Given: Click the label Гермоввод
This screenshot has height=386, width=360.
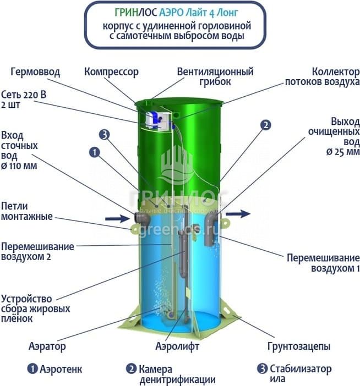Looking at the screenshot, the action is pyautogui.click(x=35, y=73).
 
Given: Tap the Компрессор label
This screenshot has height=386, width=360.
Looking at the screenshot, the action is pyautogui.click(x=111, y=72).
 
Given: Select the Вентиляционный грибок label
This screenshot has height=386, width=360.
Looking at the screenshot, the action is pyautogui.click(x=215, y=76).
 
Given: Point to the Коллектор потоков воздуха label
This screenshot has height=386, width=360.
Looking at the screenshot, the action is pyautogui.click(x=323, y=76).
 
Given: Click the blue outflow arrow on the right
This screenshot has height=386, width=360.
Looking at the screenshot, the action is pyautogui.click(x=238, y=214).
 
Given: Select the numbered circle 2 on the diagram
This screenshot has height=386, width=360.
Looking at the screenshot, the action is pyautogui.click(x=266, y=125).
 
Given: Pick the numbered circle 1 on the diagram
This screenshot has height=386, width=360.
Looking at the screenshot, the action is pyautogui.click(x=95, y=152).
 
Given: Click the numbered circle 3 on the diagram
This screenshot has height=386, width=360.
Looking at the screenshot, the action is pyautogui.click(x=105, y=135).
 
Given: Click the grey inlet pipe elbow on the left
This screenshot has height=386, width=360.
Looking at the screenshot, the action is pyautogui.click(x=142, y=218).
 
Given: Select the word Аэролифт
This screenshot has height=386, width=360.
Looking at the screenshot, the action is pyautogui.click(x=177, y=346).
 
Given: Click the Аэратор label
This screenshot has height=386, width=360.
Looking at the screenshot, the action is pyautogui.click(x=47, y=346).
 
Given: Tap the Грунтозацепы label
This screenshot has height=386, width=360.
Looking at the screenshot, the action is pyautogui.click(x=299, y=347).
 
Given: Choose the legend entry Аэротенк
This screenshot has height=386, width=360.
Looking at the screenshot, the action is pyautogui.click(x=54, y=369).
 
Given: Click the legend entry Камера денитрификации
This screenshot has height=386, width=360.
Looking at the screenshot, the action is pyautogui.click(x=171, y=374).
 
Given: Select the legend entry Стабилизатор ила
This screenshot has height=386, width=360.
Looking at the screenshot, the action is pyautogui.click(x=294, y=373).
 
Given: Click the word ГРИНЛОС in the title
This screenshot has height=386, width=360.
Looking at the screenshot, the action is pyautogui.click(x=136, y=13).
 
